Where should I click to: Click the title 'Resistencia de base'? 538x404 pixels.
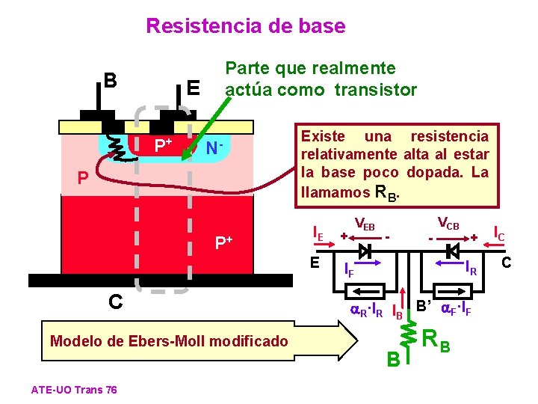click(246, 27)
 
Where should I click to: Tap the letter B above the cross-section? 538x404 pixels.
click(110, 80)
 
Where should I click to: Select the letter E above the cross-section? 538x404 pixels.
click(193, 88)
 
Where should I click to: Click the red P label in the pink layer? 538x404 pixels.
click(84, 179)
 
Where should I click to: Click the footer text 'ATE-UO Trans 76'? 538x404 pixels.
click(74, 389)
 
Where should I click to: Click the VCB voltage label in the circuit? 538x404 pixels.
click(448, 224)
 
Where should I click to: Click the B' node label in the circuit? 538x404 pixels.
click(424, 305)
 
